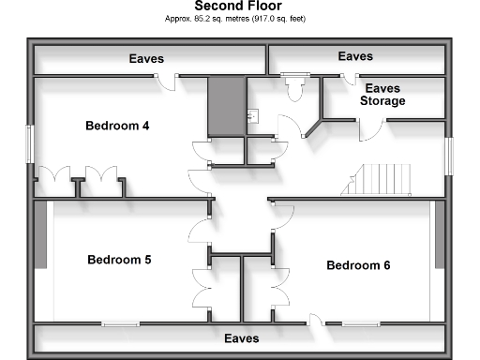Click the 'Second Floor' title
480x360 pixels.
(240, 6)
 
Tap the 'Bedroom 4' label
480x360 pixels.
(117, 126)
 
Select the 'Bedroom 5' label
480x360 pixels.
(119, 260)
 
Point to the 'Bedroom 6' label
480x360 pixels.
(358, 265)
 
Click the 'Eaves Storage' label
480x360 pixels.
(382, 94)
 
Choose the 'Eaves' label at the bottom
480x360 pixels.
(241, 337)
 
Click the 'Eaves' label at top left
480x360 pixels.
(146, 59)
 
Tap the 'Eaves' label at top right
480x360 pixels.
(355, 57)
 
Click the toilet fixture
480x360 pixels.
(297, 88)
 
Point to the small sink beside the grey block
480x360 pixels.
(250, 116)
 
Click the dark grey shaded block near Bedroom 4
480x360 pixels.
(225, 106)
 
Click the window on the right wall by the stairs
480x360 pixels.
(448, 155)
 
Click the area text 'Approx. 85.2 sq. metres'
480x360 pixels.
(202, 18)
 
